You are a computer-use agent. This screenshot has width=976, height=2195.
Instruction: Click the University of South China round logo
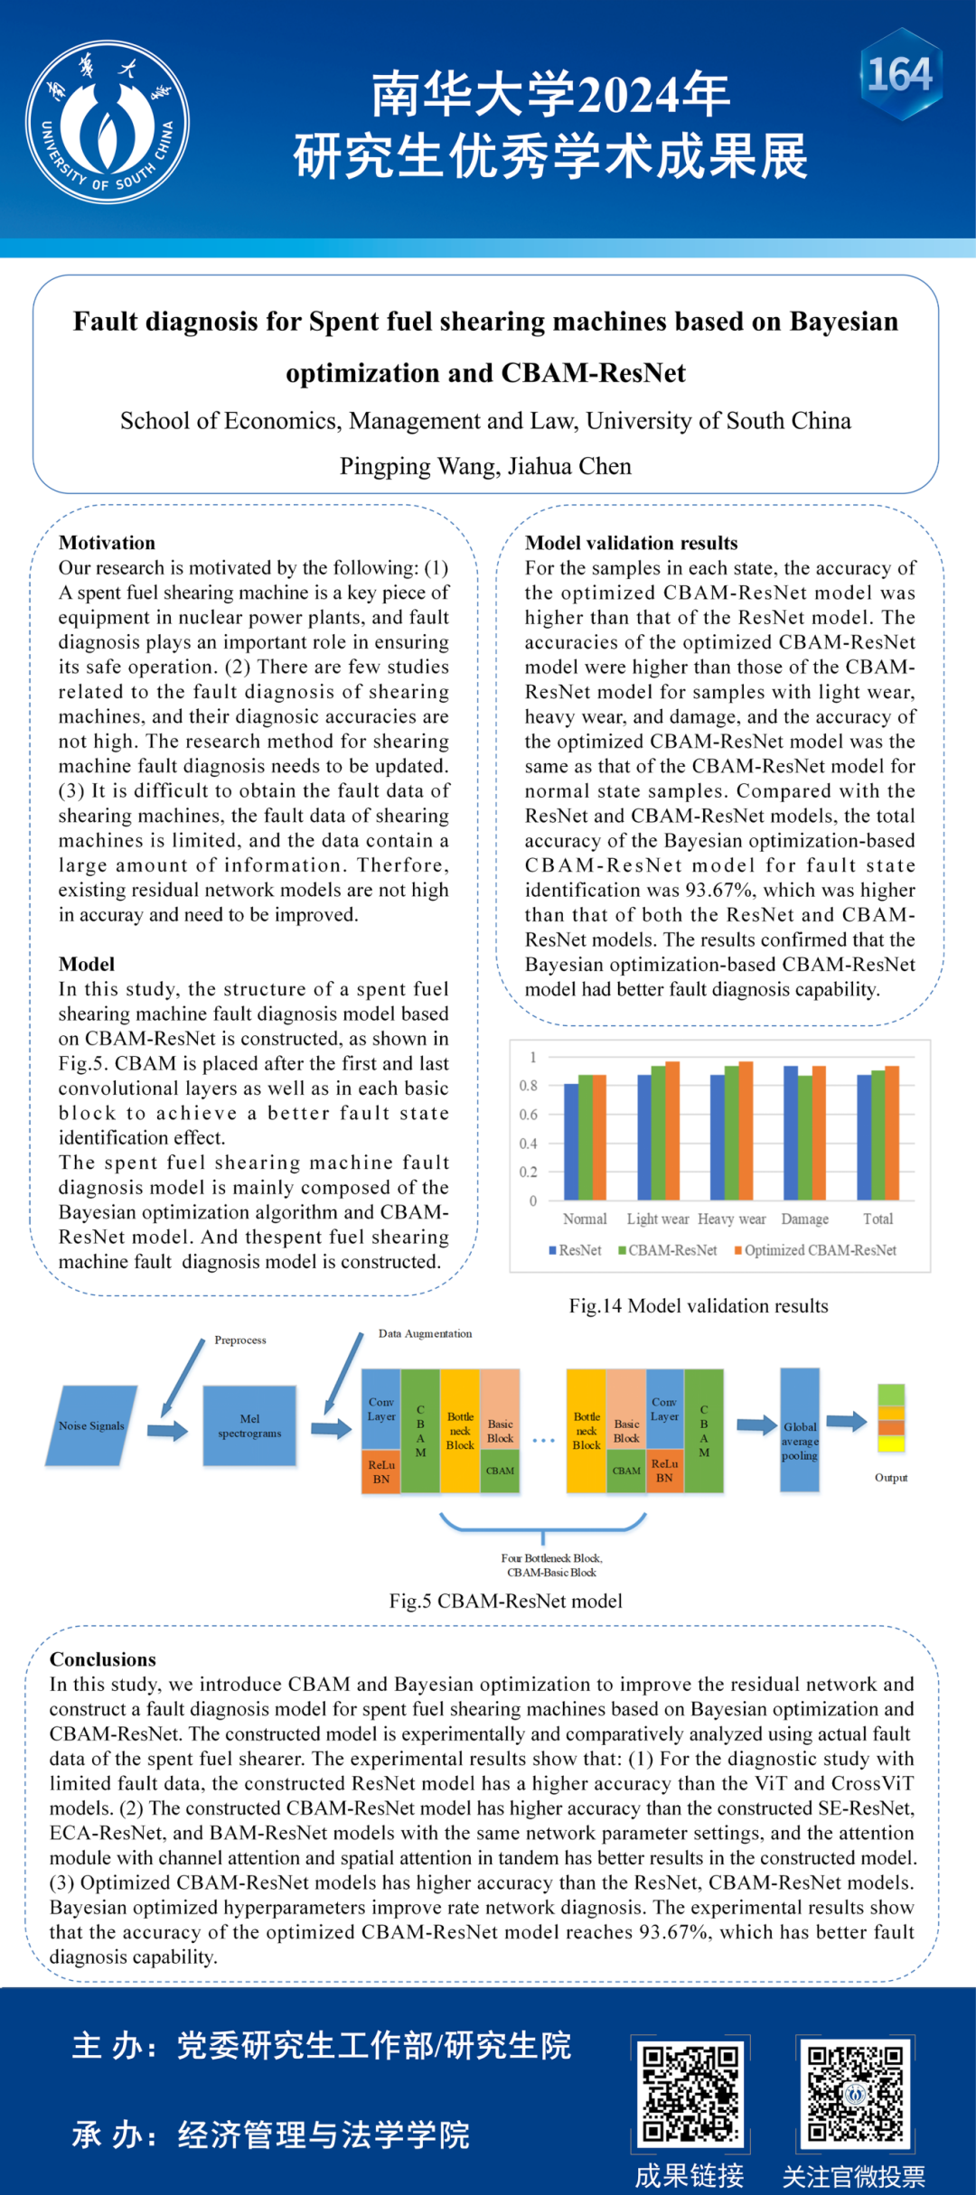[x=108, y=122]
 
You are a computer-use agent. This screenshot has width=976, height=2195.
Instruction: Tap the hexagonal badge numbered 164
[x=900, y=75]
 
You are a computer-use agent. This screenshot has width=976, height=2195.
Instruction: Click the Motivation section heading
[x=107, y=543]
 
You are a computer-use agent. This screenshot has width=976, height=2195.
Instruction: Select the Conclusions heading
[x=102, y=1659]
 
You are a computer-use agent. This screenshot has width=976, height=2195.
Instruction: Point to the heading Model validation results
[x=631, y=543]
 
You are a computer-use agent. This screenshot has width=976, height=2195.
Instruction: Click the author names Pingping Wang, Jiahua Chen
[x=485, y=466]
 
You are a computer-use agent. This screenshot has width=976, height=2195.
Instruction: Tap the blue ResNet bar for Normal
[x=571, y=1142]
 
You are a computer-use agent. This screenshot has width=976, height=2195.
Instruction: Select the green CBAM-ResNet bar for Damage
[x=805, y=1137]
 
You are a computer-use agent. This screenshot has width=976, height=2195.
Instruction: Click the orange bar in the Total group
[x=892, y=1133]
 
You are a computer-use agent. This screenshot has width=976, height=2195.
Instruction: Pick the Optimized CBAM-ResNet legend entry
[x=815, y=1250]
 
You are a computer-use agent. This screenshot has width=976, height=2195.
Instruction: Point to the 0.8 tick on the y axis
[x=529, y=1086]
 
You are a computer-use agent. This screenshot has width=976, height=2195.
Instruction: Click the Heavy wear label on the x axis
[x=731, y=1219]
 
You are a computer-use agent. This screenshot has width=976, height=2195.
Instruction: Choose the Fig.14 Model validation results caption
[x=698, y=1306]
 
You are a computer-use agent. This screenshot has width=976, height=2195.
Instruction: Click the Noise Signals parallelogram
[x=91, y=1425]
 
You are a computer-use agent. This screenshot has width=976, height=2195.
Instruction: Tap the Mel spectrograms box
[x=249, y=1425]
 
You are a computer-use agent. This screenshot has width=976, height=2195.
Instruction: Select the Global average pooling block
[x=800, y=1430]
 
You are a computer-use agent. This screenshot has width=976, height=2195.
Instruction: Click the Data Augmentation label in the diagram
[x=425, y=1334]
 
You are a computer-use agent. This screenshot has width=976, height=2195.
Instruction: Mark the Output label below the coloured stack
[x=891, y=1478]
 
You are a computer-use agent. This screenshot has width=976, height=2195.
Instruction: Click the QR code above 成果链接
[x=690, y=2094]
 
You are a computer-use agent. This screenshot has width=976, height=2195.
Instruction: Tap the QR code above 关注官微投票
[x=855, y=2094]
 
